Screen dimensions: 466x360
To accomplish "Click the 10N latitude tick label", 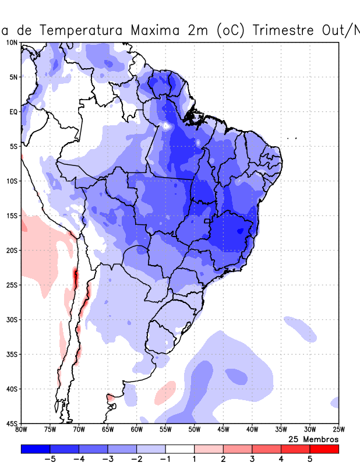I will (12, 43).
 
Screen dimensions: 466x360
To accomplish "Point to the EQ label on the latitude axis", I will (13, 111).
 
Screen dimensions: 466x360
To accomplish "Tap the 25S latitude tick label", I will (12, 285).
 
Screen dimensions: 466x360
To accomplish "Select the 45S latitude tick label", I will (12, 423).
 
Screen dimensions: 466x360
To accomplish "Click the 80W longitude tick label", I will (22, 430).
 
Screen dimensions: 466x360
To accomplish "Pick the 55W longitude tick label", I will (165, 430).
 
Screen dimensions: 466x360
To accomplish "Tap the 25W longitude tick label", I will (338, 430).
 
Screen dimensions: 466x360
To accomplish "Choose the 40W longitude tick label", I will (252, 430).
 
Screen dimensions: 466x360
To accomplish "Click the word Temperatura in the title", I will (79, 30).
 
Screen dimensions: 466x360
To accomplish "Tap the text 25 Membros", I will (313, 439).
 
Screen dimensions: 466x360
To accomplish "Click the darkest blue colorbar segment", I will (36, 449).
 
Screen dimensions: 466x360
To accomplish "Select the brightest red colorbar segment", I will (324, 449).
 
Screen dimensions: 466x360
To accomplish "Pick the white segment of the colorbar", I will (179, 449).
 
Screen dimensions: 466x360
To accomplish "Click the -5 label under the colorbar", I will (50, 460).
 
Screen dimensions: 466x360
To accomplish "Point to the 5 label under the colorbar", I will (310, 460).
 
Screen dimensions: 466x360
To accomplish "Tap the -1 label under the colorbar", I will (165, 460).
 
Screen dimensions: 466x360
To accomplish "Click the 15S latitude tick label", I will (12, 216).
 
